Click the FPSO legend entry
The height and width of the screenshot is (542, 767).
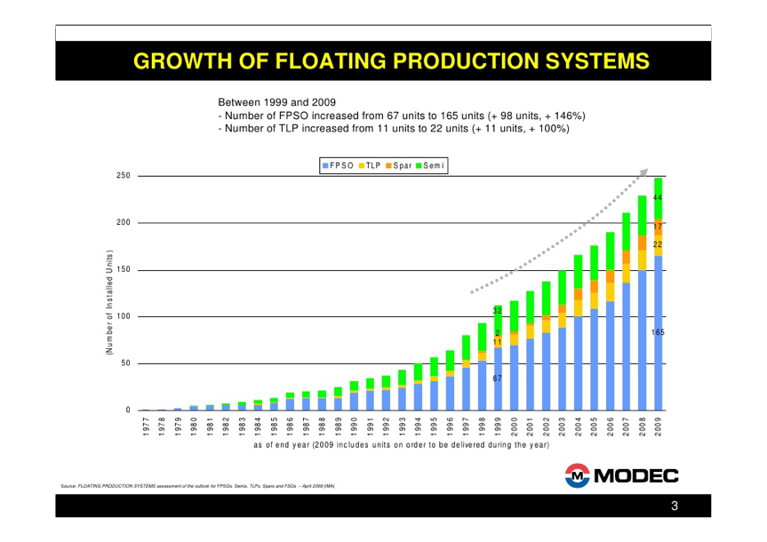click(x=340, y=164)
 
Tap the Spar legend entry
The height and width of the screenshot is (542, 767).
click(x=401, y=164)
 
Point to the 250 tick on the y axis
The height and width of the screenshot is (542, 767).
click(x=123, y=176)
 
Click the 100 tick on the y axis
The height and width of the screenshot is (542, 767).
click(x=123, y=316)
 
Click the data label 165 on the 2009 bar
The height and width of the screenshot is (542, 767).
click(x=658, y=332)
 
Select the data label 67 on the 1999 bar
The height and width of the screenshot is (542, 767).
click(x=498, y=379)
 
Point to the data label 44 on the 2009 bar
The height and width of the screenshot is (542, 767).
click(x=658, y=197)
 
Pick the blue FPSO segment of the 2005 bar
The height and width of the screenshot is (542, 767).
click(x=594, y=360)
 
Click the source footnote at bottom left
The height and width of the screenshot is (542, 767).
click(x=196, y=486)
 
